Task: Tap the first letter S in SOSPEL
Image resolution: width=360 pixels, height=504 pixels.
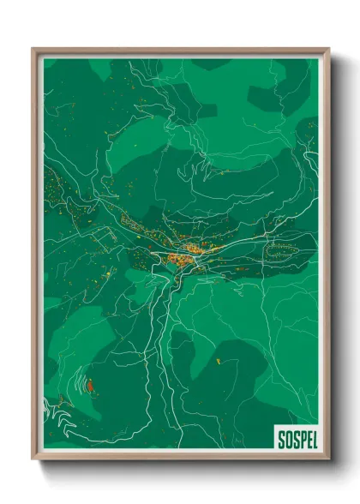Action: click(x=281, y=440)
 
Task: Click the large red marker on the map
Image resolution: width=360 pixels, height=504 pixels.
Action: click(x=89, y=386)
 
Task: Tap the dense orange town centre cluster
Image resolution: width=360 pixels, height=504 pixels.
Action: click(x=182, y=254)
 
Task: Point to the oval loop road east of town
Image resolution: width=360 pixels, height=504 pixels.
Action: click(x=284, y=250)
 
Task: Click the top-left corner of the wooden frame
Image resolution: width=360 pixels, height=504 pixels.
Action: click(x=33, y=50)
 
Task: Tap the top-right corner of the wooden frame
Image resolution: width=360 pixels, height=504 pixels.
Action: click(x=328, y=50)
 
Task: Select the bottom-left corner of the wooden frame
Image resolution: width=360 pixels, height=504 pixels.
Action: click(x=33, y=460)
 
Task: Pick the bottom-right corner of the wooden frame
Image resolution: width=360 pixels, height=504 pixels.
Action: click(x=328, y=460)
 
